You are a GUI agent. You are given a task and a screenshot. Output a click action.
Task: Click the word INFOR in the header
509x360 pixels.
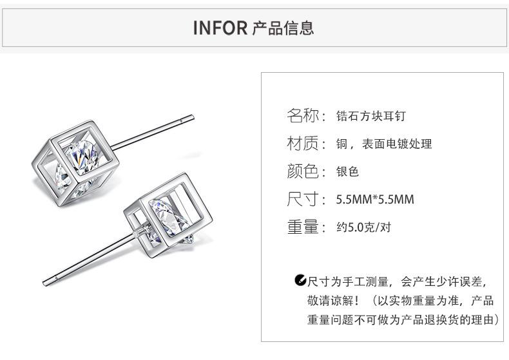(220, 28)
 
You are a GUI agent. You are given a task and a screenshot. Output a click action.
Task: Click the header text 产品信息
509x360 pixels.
(283, 28)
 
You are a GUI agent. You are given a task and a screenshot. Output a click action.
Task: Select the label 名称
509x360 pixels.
(302, 116)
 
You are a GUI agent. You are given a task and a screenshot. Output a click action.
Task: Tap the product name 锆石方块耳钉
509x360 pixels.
(371, 117)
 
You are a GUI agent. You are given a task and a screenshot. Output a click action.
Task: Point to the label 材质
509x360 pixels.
(302, 144)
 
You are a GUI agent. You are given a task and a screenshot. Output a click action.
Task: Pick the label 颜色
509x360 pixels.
(302, 171)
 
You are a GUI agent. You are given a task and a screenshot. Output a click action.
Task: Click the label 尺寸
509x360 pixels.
(302, 199)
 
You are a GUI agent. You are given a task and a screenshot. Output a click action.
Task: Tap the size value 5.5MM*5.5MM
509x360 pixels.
(375, 200)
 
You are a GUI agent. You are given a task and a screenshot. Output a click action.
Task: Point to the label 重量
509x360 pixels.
(302, 227)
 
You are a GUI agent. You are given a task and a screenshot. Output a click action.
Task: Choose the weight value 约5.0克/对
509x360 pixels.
(363, 227)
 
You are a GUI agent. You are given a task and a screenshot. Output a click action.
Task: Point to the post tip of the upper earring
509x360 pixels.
(191, 117)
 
